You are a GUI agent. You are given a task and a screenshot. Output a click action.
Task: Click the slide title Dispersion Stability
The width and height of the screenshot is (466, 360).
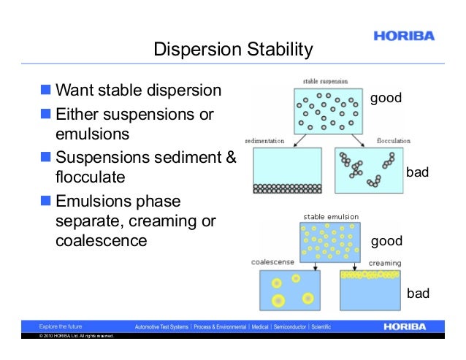[233, 50]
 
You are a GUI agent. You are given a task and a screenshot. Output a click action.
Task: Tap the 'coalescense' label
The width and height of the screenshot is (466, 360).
[272, 262]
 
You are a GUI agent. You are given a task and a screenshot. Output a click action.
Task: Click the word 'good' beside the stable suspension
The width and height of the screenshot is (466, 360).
[386, 98]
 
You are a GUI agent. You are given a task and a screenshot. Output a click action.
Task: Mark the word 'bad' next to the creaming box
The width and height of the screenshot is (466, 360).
[417, 294]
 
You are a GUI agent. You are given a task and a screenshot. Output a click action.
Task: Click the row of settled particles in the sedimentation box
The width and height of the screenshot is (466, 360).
[286, 188]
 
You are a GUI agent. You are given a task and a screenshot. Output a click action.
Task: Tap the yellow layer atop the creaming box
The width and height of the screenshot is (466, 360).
[370, 275]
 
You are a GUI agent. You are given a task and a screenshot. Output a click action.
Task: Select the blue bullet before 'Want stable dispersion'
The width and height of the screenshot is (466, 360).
[46, 91]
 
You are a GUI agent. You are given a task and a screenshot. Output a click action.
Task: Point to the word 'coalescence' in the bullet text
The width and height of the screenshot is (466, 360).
[102, 240]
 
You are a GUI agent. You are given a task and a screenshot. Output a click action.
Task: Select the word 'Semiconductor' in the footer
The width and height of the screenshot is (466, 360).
[288, 326]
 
